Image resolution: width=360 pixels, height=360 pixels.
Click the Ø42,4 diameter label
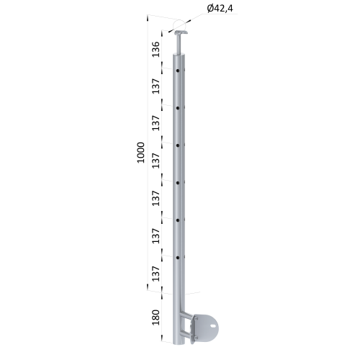[220, 9]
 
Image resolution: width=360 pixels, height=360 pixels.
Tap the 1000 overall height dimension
[141, 153]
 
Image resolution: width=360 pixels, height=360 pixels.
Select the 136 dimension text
[156, 49]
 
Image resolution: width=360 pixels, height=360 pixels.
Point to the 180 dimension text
[156, 318]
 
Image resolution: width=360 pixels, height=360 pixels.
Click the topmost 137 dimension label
[156, 86]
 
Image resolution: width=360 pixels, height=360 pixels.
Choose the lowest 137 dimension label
[156, 274]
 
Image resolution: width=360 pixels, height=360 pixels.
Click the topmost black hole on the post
[178, 71]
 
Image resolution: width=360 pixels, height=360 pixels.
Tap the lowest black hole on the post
[178, 258]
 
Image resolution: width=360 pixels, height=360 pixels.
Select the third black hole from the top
[178, 145]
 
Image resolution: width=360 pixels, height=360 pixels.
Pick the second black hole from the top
[178, 108]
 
